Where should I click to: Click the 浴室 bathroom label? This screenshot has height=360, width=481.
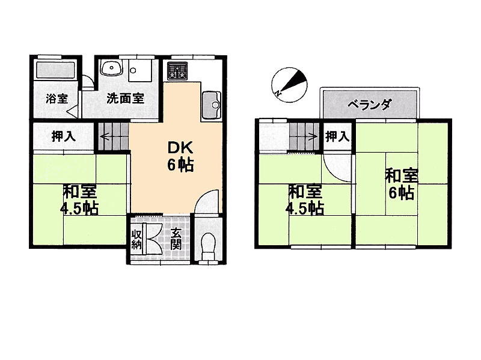point(57,99)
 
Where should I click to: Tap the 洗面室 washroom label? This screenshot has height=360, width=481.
point(126,99)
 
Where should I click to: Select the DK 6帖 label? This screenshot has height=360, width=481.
point(180,156)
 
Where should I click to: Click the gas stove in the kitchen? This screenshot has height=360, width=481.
point(177,71)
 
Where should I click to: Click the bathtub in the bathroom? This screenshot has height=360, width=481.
point(56,70)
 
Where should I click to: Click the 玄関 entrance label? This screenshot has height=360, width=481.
point(176,239)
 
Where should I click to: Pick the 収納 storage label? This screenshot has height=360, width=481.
point(136,239)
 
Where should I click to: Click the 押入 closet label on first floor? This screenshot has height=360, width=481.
point(64,136)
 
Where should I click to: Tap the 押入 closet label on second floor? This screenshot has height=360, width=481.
point(337,136)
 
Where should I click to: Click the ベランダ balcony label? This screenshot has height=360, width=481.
point(369,105)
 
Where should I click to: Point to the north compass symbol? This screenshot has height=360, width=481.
point(289,85)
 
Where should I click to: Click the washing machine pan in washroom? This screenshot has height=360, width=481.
point(140,70)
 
